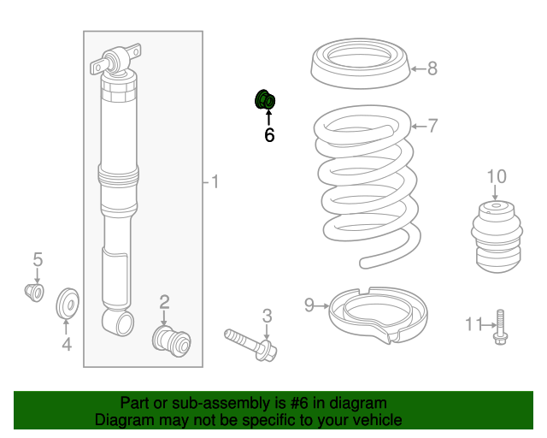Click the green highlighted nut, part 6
click(265, 99)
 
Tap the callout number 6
click(269, 135)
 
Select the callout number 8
click(432, 68)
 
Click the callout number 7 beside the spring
click(432, 126)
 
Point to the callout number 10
click(497, 177)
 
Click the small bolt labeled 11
click(501, 328)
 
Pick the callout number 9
click(309, 305)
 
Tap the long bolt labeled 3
click(250, 345)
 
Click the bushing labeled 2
click(171, 340)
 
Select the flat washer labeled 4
click(68, 303)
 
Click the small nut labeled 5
click(34, 293)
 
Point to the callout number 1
click(215, 182)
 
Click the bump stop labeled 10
click(497, 236)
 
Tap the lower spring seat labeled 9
click(379, 315)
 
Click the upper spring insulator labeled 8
click(361, 63)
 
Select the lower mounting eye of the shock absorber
click(118, 323)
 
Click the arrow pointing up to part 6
click(268, 118)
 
